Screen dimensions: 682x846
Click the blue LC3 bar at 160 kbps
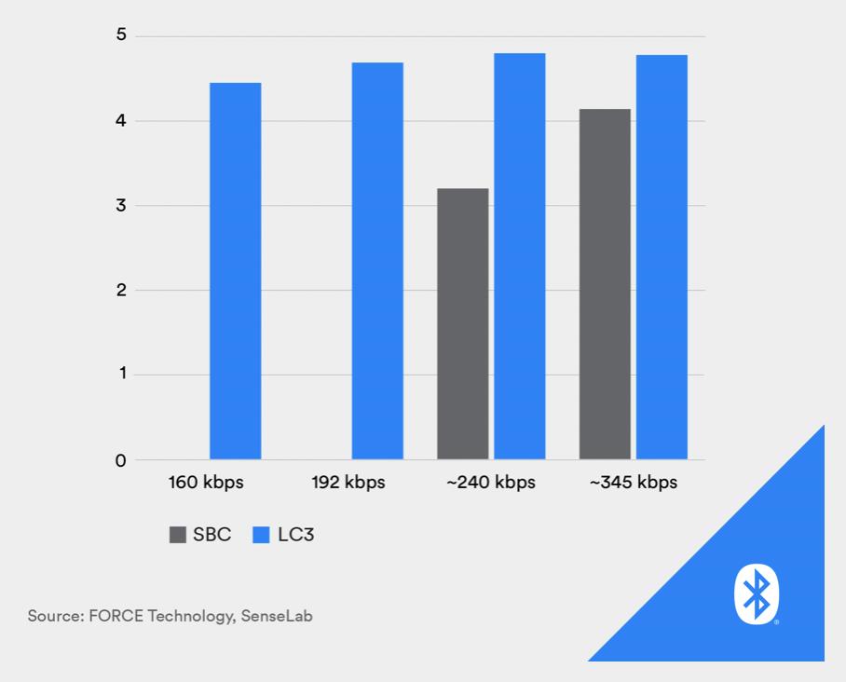[x=235, y=271]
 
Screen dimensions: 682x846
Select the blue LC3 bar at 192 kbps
[x=377, y=261]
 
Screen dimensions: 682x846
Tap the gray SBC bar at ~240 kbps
[x=463, y=324]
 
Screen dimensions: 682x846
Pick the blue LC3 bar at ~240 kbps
[x=519, y=256]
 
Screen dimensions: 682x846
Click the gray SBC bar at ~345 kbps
[x=605, y=284]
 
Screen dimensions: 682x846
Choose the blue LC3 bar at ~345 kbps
[x=662, y=257]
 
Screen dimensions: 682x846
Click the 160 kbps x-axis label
[x=206, y=484]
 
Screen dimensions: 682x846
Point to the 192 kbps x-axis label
[x=348, y=484]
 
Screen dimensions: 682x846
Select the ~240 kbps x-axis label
[x=490, y=484]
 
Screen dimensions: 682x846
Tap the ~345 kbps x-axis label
[x=633, y=484]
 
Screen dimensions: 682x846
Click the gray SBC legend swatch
[x=177, y=535]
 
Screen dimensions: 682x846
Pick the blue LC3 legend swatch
[x=261, y=535]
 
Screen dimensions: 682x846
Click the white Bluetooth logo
[x=756, y=593]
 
